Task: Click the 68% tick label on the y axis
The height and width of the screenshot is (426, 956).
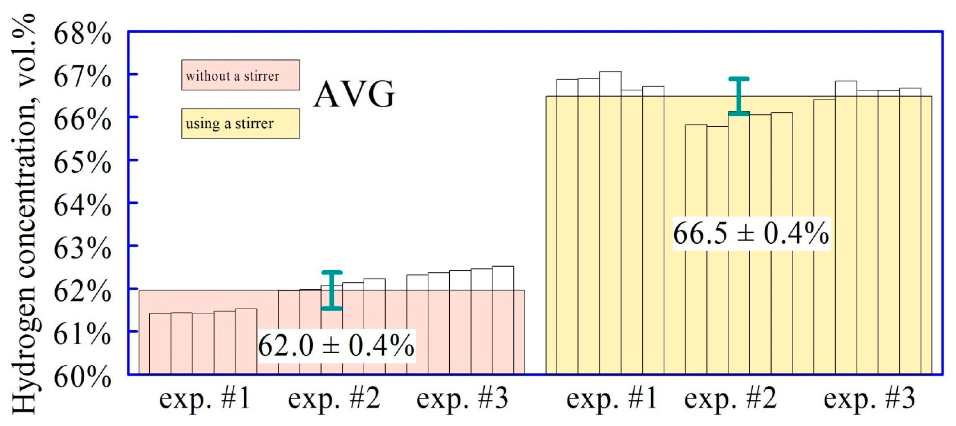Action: (82, 34)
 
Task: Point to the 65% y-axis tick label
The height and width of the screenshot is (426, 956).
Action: (82, 163)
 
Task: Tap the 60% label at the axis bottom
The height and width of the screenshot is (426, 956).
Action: (82, 377)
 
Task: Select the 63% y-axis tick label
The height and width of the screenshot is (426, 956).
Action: (82, 248)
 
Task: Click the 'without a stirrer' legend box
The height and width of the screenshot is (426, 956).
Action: (240, 75)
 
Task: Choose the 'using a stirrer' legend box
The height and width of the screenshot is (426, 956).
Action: (240, 123)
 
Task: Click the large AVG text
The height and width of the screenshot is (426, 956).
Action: (354, 94)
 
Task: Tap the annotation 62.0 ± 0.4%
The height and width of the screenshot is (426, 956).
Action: (336, 345)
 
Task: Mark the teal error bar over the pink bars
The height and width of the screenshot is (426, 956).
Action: (331, 290)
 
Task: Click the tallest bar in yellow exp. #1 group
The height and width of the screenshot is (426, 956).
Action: (610, 223)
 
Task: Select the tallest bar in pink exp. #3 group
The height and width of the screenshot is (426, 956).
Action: (503, 319)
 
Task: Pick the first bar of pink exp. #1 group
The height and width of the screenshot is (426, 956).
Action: (160, 343)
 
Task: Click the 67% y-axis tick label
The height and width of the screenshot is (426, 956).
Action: (82, 77)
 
